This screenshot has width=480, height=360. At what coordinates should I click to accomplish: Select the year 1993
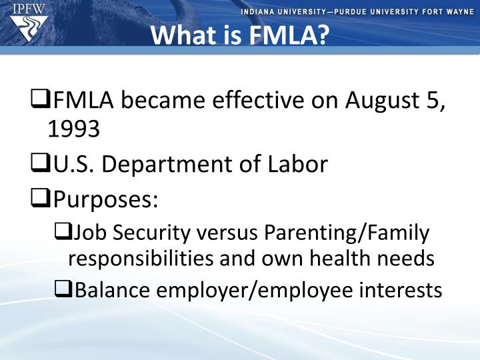click(x=73, y=129)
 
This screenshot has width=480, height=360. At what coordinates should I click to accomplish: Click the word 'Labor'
click(x=300, y=164)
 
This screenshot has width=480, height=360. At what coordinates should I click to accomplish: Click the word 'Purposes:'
click(x=105, y=199)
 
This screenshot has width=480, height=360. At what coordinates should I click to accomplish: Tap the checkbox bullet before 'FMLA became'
click(x=39, y=101)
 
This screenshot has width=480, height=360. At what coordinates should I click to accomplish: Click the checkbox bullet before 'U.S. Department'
click(x=39, y=164)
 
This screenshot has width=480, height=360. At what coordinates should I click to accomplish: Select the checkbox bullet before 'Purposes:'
click(x=39, y=199)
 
